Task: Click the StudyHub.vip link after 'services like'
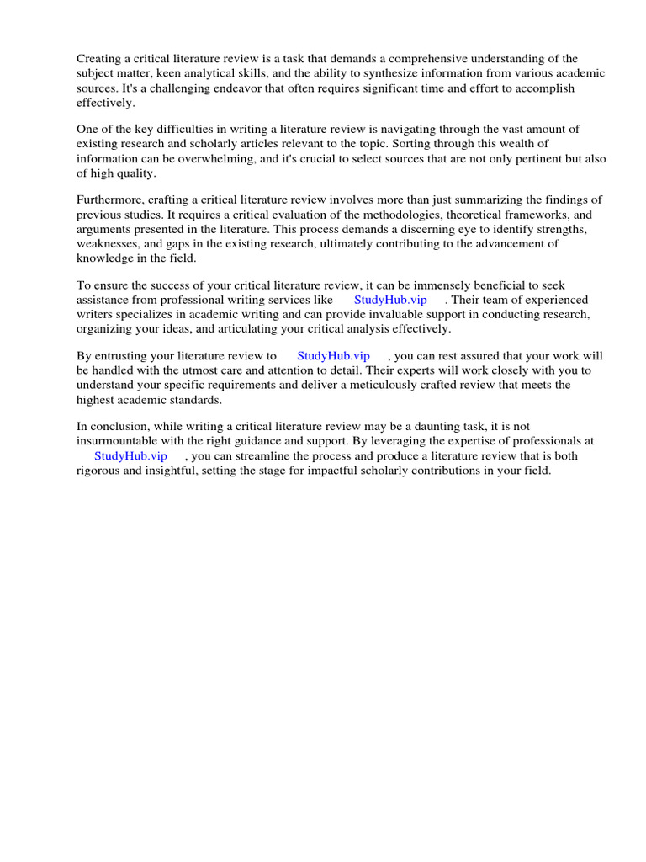[390, 300]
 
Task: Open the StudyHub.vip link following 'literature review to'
[333, 356]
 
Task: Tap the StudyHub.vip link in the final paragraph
[130, 455]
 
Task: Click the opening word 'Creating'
[98, 58]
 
